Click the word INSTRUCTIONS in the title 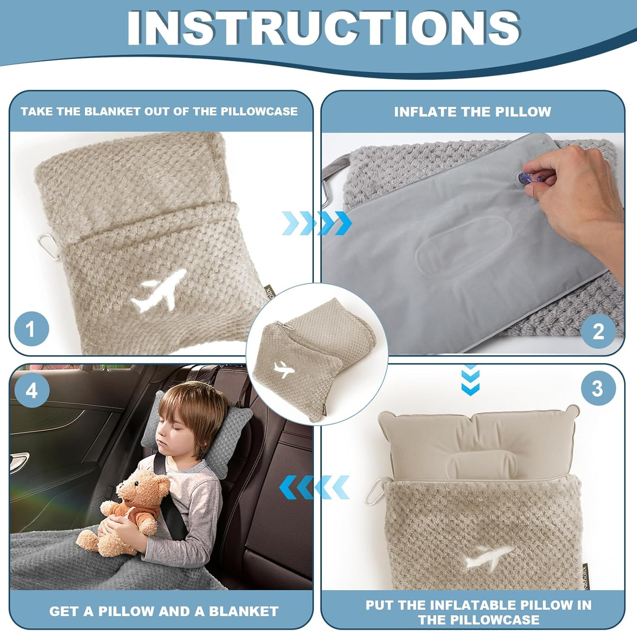pyautogui.click(x=323, y=27)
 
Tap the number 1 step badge pyautogui.click(x=31, y=329)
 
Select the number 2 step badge pyautogui.click(x=598, y=331)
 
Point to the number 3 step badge pyautogui.click(x=597, y=388)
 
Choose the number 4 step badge pyautogui.click(x=31, y=390)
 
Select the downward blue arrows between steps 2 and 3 pyautogui.click(x=470, y=379)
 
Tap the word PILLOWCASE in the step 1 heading pyautogui.click(x=259, y=111)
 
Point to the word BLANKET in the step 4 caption pyautogui.click(x=244, y=611)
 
